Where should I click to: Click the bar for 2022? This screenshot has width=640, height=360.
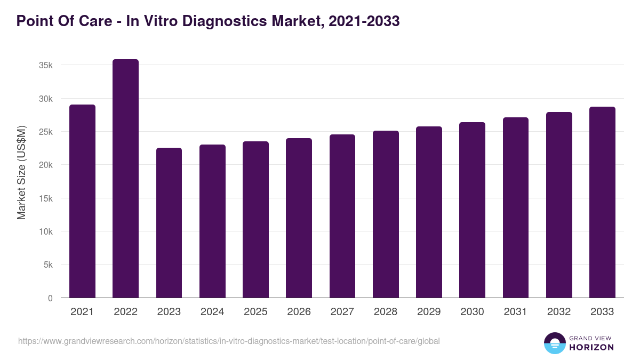pyautogui.click(x=125, y=179)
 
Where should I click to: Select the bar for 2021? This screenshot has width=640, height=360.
pyautogui.click(x=82, y=201)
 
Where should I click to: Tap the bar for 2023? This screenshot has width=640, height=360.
pyautogui.click(x=169, y=223)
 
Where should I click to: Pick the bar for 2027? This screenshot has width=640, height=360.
pyautogui.click(x=342, y=216)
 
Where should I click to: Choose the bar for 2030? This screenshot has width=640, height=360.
pyautogui.click(x=472, y=210)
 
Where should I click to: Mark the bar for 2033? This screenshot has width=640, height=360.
pyautogui.click(x=602, y=202)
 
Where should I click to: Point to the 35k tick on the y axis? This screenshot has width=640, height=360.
pyautogui.click(x=45, y=65)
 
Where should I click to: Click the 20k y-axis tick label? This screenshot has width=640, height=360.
pyautogui.click(x=45, y=165)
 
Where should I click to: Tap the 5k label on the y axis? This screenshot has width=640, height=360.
pyautogui.click(x=47, y=265)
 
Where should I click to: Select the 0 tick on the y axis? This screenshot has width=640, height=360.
pyautogui.click(x=50, y=298)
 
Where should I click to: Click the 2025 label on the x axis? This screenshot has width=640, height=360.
pyautogui.click(x=255, y=312)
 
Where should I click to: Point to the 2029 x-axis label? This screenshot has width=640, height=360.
pyautogui.click(x=429, y=312)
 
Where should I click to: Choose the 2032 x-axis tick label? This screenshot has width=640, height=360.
pyautogui.click(x=559, y=312)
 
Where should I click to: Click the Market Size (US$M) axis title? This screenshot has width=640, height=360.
pyautogui.click(x=21, y=172)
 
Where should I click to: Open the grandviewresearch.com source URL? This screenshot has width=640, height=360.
pyautogui.click(x=229, y=341)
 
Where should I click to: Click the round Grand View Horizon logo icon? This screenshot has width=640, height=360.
pyautogui.click(x=554, y=343)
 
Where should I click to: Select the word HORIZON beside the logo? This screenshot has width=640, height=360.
pyautogui.click(x=591, y=347)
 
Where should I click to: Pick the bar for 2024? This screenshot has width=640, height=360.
pyautogui.click(x=212, y=221)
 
